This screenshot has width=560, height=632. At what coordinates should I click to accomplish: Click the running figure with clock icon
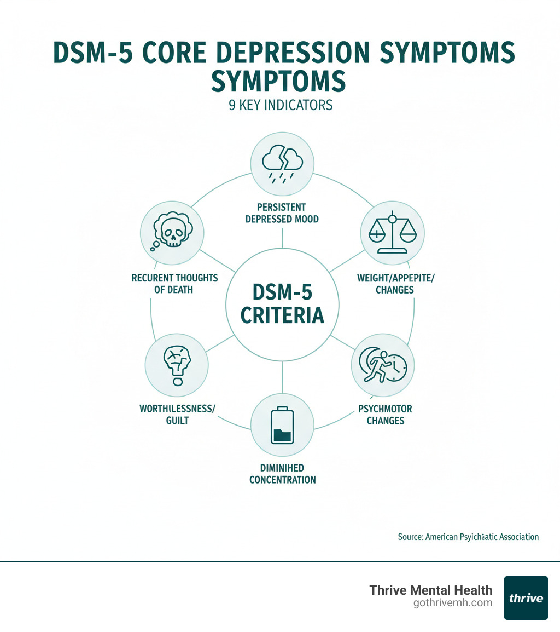coord(382,365)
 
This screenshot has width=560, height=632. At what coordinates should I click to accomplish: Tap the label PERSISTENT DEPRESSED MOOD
coord(283,213)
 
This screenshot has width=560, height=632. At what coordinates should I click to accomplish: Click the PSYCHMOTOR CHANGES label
coord(386,415)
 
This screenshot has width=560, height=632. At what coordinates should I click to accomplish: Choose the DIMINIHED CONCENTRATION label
coord(282,474)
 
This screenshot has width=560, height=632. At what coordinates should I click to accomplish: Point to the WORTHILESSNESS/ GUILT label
coord(173,415)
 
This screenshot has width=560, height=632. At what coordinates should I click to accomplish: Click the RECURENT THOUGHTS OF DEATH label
coord(174,284)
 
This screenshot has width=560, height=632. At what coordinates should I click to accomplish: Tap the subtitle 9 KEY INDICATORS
coord(281,105)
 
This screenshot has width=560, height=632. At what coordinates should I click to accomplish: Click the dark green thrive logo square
coord(526,597)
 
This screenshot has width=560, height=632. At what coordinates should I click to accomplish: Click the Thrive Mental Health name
coord(430,590)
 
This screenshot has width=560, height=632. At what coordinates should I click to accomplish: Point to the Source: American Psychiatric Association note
coord(468,537)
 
